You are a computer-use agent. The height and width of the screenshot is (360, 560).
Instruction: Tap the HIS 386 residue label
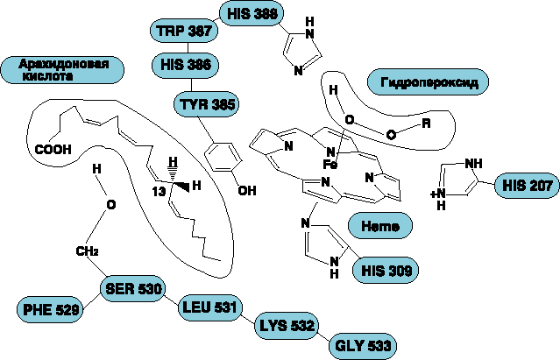pos(183,65)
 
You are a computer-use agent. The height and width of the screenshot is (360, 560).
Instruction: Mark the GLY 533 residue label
pos(360,344)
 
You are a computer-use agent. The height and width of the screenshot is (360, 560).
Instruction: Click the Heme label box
pos(381,225)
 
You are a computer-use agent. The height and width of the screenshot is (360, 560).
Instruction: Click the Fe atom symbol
pos(330,164)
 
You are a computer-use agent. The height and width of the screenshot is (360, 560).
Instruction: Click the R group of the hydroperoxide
pos(426,124)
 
